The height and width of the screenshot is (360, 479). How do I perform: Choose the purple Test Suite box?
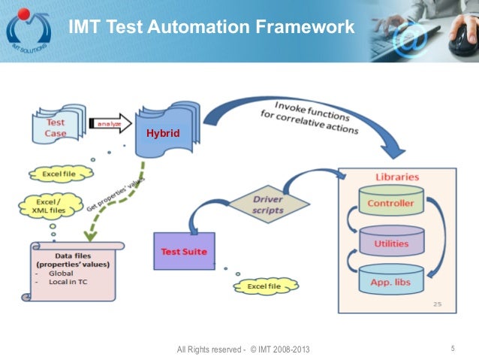(184, 253)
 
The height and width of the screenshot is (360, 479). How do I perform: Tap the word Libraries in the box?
(396, 177)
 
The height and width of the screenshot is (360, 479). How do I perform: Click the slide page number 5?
(453, 348)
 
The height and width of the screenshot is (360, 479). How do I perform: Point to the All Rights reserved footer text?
(243, 350)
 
